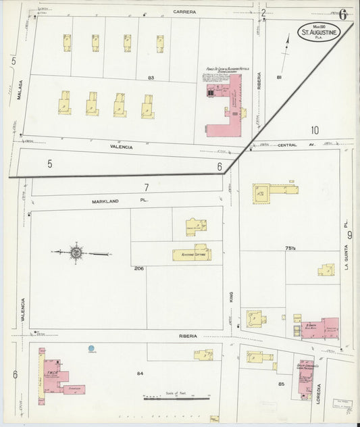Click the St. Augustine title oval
[322, 32]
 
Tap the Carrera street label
[184, 11]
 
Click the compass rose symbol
[76, 253]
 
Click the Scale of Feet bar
[177, 398]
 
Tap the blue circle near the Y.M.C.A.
[91, 349]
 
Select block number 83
[151, 78]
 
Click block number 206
[138, 269]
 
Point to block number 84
[140, 373]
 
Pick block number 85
[281, 384]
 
